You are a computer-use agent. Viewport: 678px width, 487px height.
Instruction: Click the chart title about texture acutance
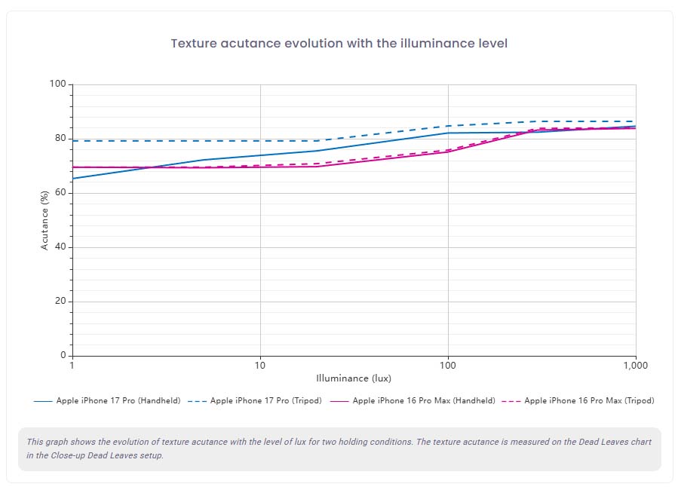[x=339, y=43]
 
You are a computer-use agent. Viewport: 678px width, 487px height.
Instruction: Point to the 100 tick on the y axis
[x=58, y=84]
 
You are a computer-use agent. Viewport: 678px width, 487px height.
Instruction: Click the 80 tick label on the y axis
[x=60, y=139]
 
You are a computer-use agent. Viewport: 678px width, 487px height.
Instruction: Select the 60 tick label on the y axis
[x=60, y=193]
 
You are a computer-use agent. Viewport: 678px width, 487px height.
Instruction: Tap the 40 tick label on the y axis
[x=60, y=247]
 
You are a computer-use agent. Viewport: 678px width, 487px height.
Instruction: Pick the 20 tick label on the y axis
[x=60, y=302]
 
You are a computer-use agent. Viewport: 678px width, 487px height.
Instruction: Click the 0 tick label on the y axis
[x=63, y=356]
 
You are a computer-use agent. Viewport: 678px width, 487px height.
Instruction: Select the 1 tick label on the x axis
[x=72, y=365]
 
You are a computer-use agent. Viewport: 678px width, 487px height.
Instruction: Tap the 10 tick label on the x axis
[x=260, y=365]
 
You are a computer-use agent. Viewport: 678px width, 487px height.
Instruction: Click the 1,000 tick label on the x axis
[x=635, y=365]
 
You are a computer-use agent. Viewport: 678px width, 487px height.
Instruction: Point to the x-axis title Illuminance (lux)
[x=354, y=378]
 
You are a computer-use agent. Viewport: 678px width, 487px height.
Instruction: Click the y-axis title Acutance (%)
[x=44, y=219]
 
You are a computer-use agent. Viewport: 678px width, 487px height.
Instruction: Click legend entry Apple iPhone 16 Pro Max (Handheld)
[x=423, y=401]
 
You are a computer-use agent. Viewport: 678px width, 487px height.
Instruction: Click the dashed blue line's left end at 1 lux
[x=73, y=141]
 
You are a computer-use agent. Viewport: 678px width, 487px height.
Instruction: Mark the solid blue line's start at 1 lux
[x=73, y=179]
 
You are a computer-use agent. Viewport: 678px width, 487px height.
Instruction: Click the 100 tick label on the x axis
[x=448, y=365]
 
